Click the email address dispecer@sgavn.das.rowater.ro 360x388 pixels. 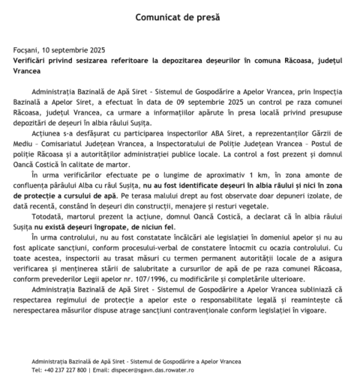(x=143, y=369)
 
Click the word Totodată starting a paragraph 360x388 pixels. (x=66, y=214)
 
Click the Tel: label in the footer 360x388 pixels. (x=37, y=369)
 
